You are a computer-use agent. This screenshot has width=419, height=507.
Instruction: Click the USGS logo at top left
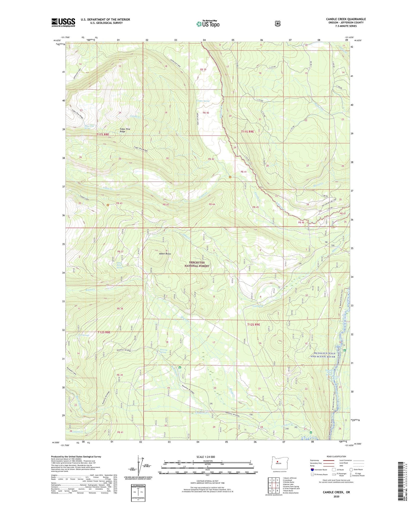[x=63, y=22]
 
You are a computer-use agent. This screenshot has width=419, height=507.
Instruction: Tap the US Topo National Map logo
[x=208, y=24]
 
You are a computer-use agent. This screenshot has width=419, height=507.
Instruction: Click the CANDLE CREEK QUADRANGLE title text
[x=346, y=19]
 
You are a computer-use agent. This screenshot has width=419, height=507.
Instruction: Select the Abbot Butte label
[x=165, y=254]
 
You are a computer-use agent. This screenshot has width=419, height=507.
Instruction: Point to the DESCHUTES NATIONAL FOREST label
[x=197, y=264]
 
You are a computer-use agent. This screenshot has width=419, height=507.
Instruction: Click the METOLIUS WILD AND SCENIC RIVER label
[x=323, y=355]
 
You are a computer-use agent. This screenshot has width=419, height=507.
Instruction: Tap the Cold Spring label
[x=257, y=306]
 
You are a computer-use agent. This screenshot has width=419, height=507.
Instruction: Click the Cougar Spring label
[x=202, y=101]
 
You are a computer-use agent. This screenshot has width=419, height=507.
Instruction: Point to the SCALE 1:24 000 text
[x=206, y=457]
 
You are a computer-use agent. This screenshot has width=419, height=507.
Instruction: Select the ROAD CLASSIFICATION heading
[x=336, y=456]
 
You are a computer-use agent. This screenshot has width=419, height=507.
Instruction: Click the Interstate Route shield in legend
[x=312, y=469]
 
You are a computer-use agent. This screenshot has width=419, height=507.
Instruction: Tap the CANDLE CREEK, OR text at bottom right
[x=336, y=492]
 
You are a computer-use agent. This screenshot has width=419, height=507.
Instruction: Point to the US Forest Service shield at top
[x=277, y=23]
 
